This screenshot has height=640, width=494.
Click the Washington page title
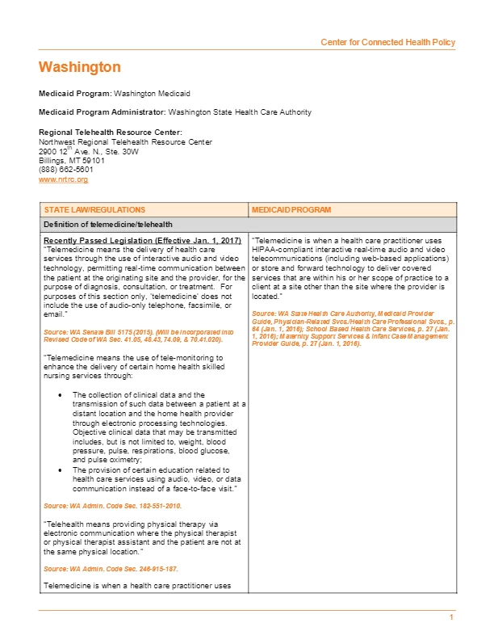pos(79,66)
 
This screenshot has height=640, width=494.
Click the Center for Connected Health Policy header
pos(387,42)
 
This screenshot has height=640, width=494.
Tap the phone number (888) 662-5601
pos(65,170)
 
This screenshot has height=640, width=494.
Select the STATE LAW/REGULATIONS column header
pos(94,209)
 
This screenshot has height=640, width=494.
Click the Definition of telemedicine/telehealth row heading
pos(107,224)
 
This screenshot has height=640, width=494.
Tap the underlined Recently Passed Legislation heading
pos(141,242)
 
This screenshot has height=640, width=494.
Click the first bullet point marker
pos(62,395)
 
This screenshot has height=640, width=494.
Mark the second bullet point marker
pos(62,469)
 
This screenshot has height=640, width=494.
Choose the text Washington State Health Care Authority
pos(240,112)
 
